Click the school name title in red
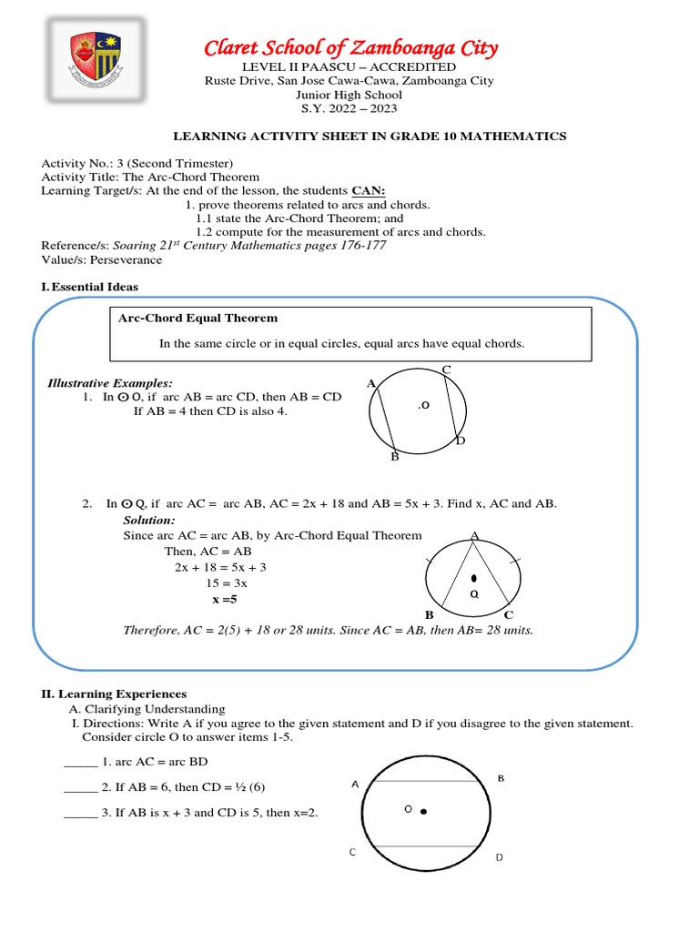[x=349, y=48]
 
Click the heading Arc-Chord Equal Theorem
[x=198, y=318]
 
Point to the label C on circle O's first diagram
[x=446, y=369]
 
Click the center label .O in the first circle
[x=423, y=406]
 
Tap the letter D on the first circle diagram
[x=461, y=441]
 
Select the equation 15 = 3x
[x=227, y=583]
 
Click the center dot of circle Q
[x=473, y=579]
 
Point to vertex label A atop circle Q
[x=474, y=537]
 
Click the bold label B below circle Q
[x=429, y=615]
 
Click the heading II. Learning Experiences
[x=114, y=694]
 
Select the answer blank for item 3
[x=80, y=813]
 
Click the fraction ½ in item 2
[x=239, y=787]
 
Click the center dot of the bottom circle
[x=424, y=811]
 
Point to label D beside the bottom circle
[x=499, y=858]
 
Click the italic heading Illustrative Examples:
[x=109, y=383]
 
